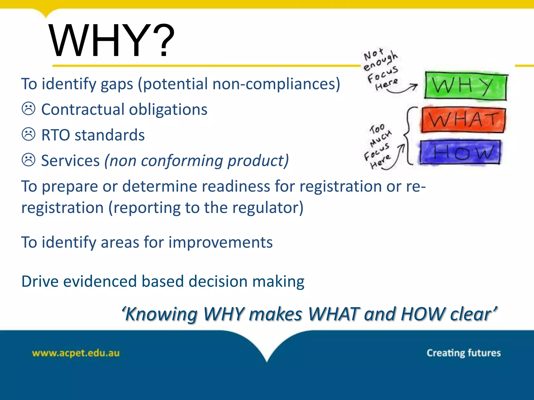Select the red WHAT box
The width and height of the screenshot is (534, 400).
coord(463,120)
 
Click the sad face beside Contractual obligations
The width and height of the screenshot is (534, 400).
coord(28,109)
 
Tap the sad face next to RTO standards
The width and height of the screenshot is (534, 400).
coord(28,134)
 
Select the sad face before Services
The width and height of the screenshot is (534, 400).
coord(28,160)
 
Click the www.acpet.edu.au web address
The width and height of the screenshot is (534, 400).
coord(76,353)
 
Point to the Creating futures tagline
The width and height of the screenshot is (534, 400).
coord(463,353)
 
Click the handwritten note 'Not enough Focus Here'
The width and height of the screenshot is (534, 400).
coord(381,69)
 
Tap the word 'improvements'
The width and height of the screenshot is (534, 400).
coord(220,242)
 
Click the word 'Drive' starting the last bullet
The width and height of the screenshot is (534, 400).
coord(40,281)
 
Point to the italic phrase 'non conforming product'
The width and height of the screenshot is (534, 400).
coord(196,161)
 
